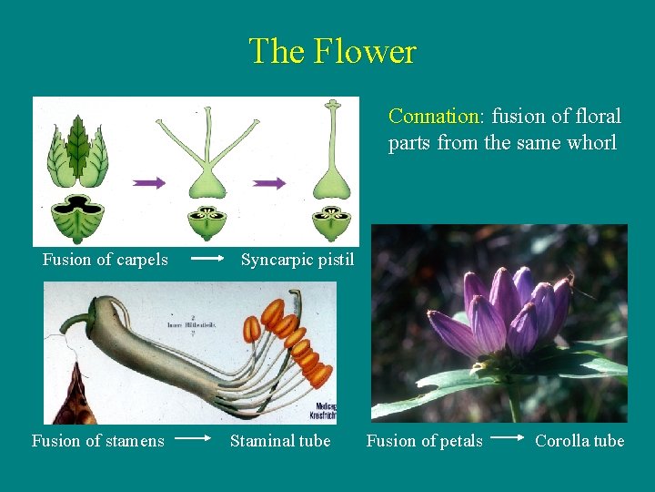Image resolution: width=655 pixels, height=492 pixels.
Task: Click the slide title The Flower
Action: (x=332, y=51)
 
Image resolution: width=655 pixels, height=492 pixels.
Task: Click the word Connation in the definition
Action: (x=435, y=117)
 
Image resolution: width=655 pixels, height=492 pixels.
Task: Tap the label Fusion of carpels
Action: (x=106, y=260)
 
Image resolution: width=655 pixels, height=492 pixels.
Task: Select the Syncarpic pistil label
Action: (x=297, y=260)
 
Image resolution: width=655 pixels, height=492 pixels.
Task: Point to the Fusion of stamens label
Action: (x=98, y=441)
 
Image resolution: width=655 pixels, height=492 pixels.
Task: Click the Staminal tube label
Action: (x=280, y=441)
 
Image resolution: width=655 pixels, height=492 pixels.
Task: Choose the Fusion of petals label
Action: (x=424, y=441)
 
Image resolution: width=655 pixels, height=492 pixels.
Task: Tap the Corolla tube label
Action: (x=579, y=441)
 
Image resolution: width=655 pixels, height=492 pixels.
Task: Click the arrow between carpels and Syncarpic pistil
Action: (x=208, y=259)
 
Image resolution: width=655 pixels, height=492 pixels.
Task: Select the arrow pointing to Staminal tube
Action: (x=193, y=438)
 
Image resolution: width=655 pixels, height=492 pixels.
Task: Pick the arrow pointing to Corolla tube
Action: (x=509, y=438)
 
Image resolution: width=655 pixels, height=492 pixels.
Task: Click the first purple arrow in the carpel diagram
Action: (x=149, y=182)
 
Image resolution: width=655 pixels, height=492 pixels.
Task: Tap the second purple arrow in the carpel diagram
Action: (x=269, y=182)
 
